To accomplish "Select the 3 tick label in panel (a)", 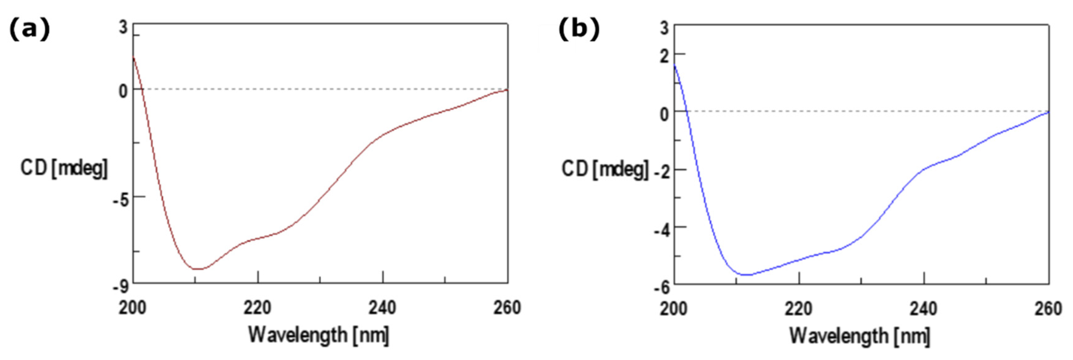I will pos(123,28).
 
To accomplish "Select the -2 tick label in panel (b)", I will pos(662,172).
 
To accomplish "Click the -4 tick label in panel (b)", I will pos(662,230).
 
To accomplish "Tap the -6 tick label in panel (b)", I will pos(662,287).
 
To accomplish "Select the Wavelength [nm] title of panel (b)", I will pos(860,335).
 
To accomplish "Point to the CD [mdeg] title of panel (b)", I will pos(605,169).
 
